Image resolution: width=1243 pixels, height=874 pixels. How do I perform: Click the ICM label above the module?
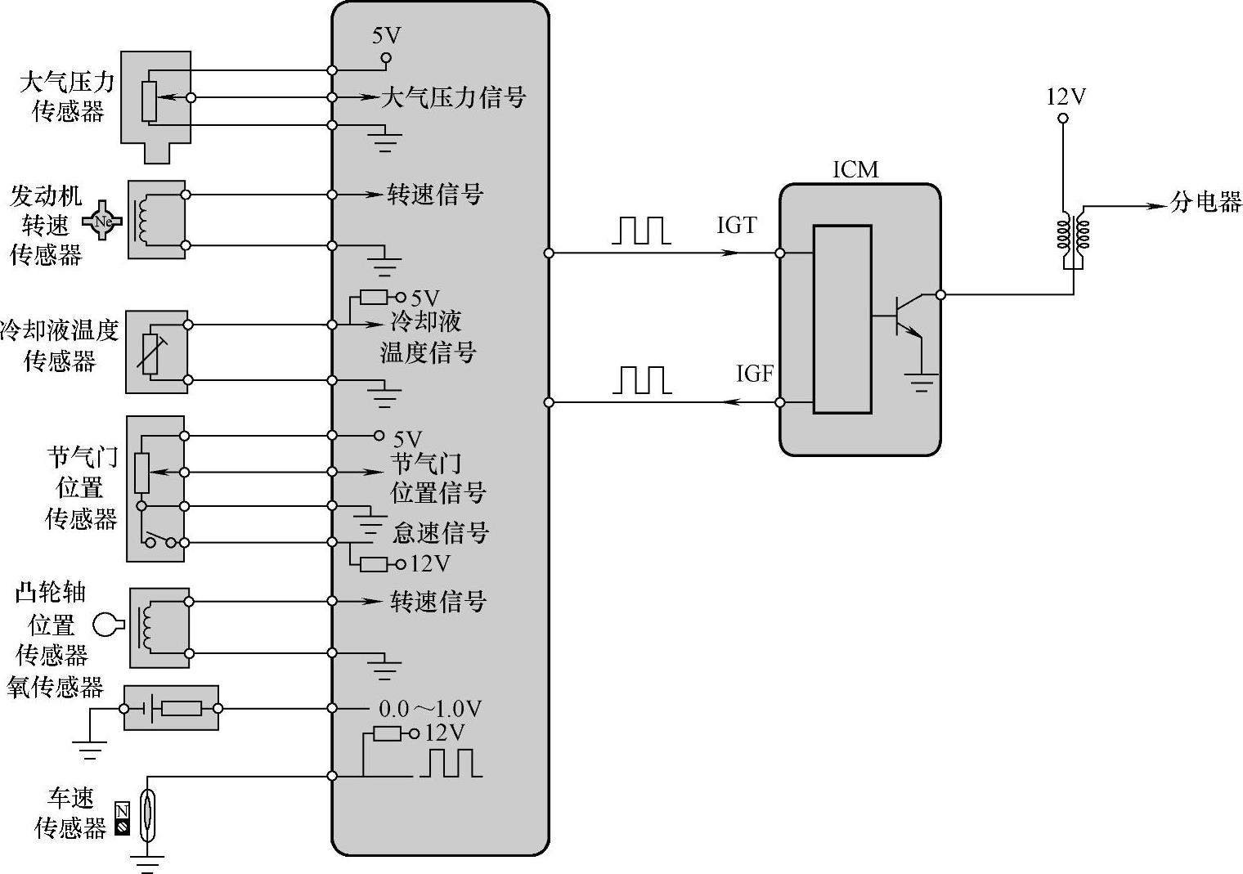pyautogui.click(x=855, y=169)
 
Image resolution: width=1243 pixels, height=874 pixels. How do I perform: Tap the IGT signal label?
pyautogui.click(x=736, y=226)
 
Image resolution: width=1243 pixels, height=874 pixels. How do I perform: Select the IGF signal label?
pyautogui.click(x=754, y=374)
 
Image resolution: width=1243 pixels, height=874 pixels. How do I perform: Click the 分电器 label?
pyautogui.click(x=1205, y=202)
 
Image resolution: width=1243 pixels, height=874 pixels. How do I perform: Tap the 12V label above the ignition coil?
pyautogui.click(x=1066, y=97)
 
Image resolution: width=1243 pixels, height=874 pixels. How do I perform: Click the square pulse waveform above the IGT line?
pyautogui.click(x=642, y=231)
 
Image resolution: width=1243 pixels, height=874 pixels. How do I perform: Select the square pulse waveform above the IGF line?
pyautogui.click(x=642, y=380)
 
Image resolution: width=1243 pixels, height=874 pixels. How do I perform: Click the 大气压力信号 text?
pyautogui.click(x=453, y=97)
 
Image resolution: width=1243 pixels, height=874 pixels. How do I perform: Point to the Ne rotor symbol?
pyautogui.click(x=102, y=221)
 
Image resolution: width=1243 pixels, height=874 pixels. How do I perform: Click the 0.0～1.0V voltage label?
pyautogui.click(x=430, y=709)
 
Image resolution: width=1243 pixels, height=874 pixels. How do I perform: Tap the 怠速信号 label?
pyautogui.click(x=441, y=533)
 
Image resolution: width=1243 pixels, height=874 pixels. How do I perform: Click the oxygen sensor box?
pyautogui.click(x=171, y=708)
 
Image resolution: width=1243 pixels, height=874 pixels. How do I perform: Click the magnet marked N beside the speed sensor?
pyautogui.click(x=122, y=811)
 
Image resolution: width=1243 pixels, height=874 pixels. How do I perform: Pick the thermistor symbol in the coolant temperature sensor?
pyautogui.click(x=150, y=353)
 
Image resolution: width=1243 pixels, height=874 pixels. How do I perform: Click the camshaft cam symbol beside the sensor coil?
pyautogui.click(x=107, y=625)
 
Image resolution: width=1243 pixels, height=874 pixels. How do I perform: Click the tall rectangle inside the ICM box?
pyautogui.click(x=841, y=319)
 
